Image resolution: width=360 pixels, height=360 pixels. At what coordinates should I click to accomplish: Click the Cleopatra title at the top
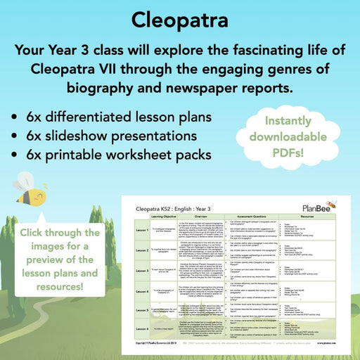click(x=179, y=18)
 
